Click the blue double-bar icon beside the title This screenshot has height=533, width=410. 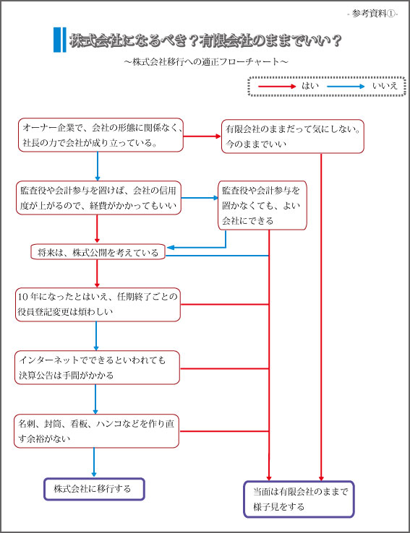[x=59, y=40]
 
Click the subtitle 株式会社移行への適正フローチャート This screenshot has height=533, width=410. [x=206, y=61]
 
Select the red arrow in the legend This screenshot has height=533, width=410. [x=277, y=87]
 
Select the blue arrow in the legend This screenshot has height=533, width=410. [x=346, y=87]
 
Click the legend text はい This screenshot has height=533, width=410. [x=310, y=86]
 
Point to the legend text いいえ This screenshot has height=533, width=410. [x=385, y=86]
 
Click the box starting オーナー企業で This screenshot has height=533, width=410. [x=101, y=135]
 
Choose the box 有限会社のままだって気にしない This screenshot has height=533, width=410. [x=293, y=136]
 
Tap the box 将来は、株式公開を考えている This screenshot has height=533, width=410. [x=98, y=252]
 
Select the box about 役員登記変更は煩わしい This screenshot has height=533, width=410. [x=98, y=305]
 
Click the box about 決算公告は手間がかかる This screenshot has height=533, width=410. [x=97, y=368]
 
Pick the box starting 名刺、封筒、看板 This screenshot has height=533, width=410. [x=96, y=430]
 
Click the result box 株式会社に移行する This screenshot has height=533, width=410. [x=94, y=489]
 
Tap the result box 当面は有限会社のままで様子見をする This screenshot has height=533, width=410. [x=299, y=499]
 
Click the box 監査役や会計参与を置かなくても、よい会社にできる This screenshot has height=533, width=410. [x=262, y=205]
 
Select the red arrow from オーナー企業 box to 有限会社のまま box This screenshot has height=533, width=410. [x=202, y=136]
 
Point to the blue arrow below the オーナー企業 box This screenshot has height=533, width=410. [x=98, y=166]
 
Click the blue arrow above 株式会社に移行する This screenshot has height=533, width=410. [x=94, y=462]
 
